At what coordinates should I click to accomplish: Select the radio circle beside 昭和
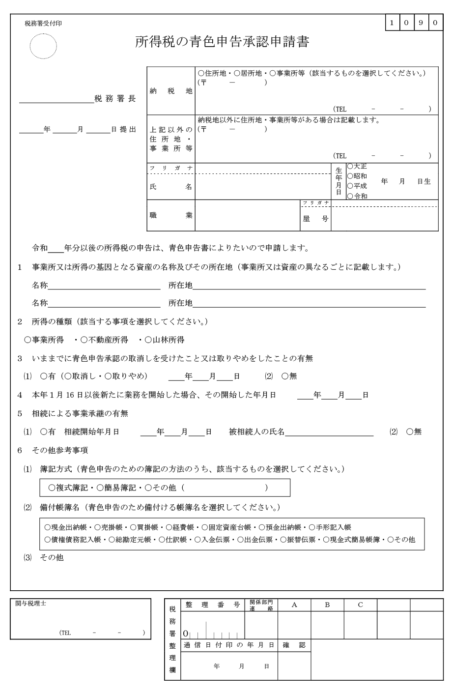point(350,176)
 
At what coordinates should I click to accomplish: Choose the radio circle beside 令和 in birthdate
point(350,196)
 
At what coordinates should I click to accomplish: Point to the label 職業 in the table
point(171,215)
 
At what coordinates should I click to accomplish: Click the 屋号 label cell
point(315,219)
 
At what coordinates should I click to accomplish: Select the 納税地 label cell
point(171,91)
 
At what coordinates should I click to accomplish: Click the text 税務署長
point(114,99)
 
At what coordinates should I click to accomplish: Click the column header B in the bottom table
point(327,605)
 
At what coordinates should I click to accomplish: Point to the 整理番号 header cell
point(212,605)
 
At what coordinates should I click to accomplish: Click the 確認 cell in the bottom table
point(294,645)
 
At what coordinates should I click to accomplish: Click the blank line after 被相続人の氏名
point(329,432)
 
